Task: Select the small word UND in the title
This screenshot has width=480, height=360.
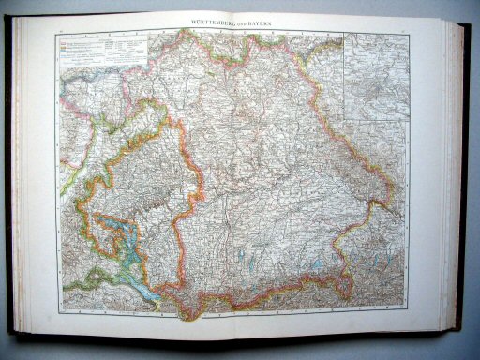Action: tap(243, 21)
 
